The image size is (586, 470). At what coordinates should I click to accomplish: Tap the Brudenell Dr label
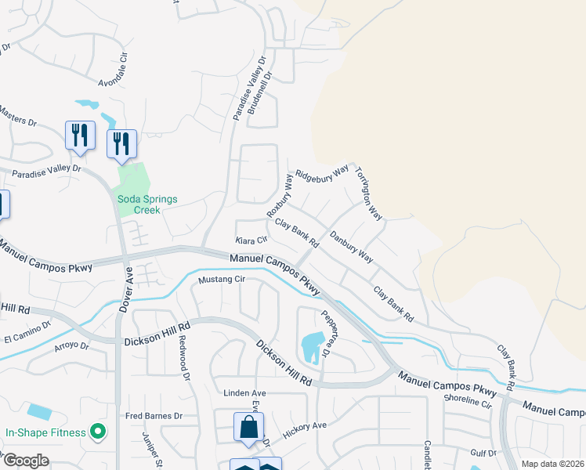[x=259, y=95]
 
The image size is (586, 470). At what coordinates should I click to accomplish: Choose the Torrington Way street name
[x=367, y=193]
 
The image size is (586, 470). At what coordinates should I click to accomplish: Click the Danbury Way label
[x=351, y=246]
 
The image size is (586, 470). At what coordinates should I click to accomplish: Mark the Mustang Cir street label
[x=222, y=280]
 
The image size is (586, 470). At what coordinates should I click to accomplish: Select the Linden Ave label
[x=245, y=393]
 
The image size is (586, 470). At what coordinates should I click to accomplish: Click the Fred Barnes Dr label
[x=154, y=416]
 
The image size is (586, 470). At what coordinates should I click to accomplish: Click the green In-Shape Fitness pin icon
[x=97, y=431]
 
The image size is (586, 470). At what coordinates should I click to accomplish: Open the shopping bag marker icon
[x=248, y=428]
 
